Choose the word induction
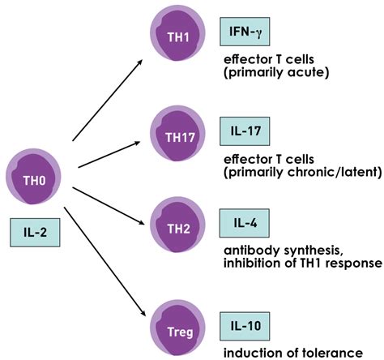[x=251, y=353]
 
